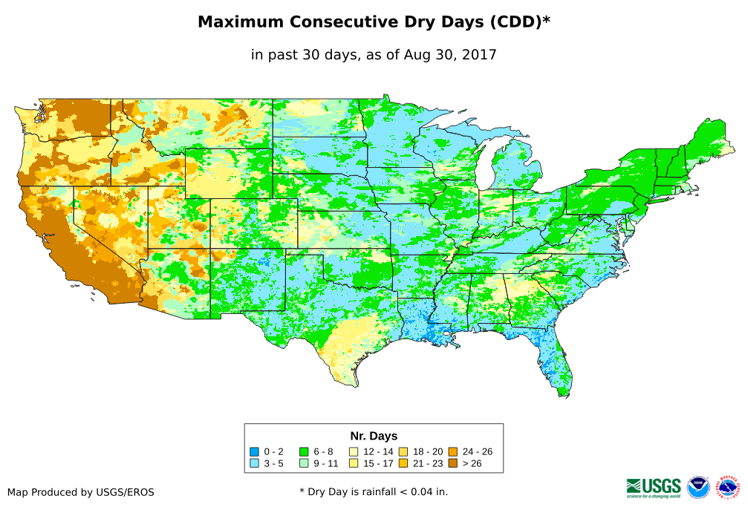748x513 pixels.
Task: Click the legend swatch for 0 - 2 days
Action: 255,451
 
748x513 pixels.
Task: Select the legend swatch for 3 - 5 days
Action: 255,463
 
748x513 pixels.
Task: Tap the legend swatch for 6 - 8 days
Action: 304,451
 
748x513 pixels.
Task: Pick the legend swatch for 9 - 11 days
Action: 304,463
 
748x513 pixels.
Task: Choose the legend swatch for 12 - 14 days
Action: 354,451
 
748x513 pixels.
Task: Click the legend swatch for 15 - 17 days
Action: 354,463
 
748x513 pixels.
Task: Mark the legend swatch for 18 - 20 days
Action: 403,451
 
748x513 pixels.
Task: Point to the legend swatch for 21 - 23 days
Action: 403,463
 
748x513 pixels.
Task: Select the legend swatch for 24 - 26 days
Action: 452,451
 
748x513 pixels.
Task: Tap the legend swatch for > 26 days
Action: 452,463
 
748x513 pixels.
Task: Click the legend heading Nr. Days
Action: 374,436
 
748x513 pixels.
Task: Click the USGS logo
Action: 654,487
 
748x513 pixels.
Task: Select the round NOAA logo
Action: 698,488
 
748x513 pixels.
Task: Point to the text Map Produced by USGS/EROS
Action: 81,492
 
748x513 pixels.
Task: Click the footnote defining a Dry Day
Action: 374,491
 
